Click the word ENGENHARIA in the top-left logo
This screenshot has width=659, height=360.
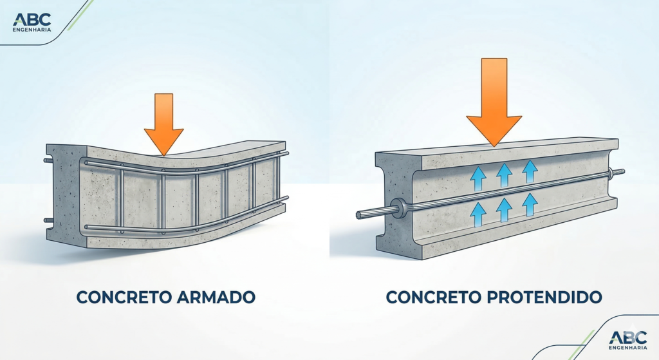tap(32, 29)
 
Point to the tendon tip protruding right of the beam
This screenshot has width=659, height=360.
tap(620, 172)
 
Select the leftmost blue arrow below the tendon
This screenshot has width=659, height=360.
tap(478, 212)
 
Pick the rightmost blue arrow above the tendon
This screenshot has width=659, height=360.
tap(530, 171)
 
